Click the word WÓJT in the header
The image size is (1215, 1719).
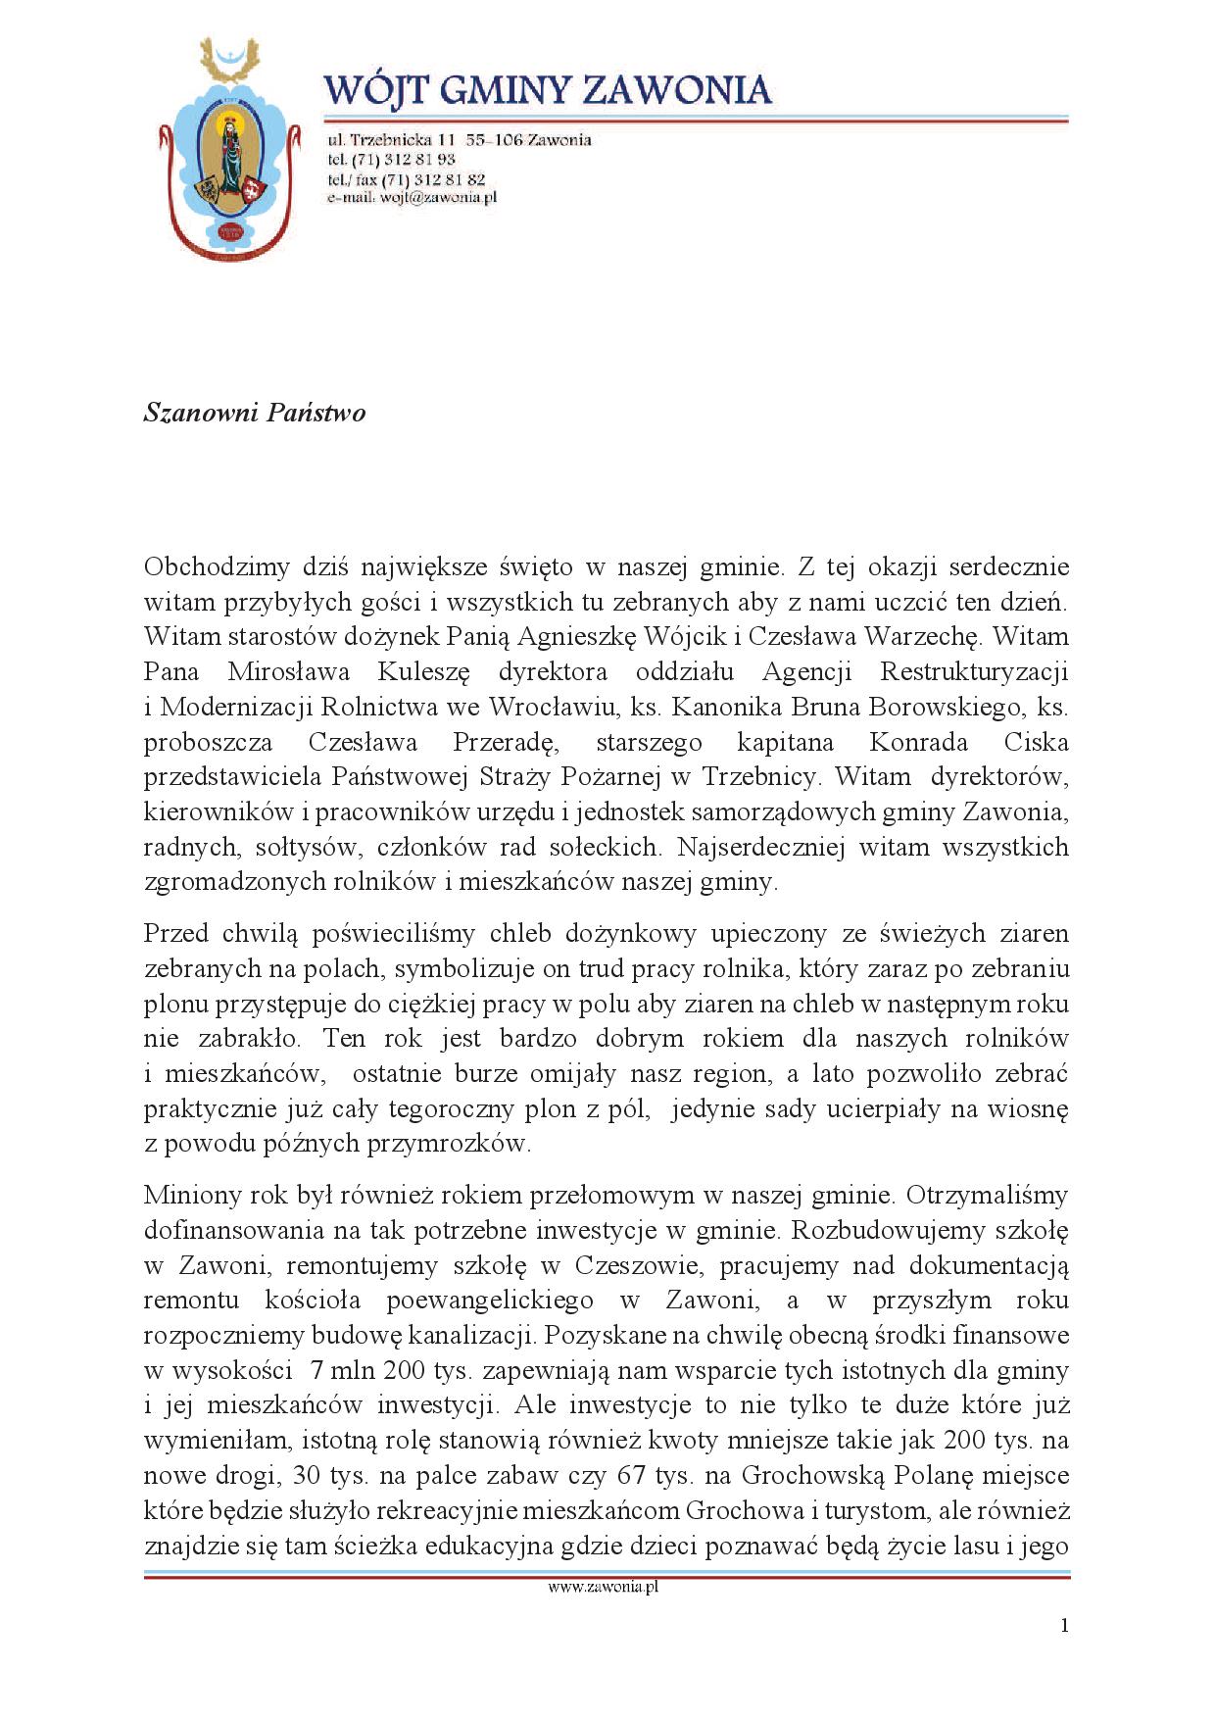pos(375,91)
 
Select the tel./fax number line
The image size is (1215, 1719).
pos(406,179)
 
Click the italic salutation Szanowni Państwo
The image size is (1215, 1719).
pos(255,413)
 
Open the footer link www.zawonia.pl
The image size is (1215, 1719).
pos(603,1588)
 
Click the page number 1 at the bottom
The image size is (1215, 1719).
pos(1064,1626)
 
